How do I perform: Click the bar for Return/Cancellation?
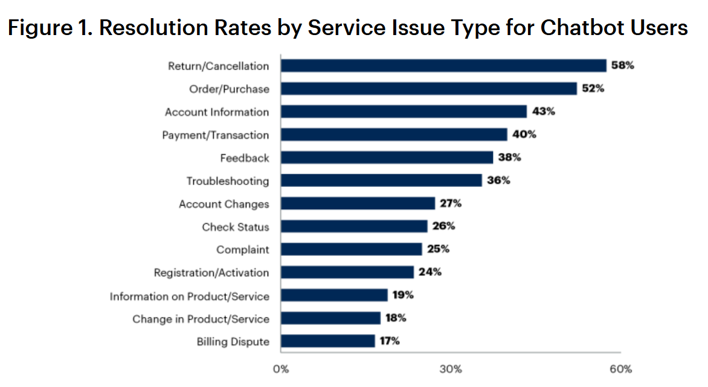[x=443, y=66]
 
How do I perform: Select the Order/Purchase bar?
[x=429, y=89]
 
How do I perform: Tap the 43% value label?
[x=543, y=111]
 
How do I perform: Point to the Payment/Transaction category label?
[x=215, y=135]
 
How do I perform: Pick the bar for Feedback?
[x=387, y=158]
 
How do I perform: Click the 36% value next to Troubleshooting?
[x=498, y=180]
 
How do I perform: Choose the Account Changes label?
[x=224, y=204]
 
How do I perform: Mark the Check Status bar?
[x=354, y=227]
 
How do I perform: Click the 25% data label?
[x=438, y=249]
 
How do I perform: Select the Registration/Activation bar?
[x=347, y=272]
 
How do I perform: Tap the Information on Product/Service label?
[x=189, y=296]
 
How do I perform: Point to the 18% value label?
[x=396, y=318]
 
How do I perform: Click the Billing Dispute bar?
[x=327, y=341]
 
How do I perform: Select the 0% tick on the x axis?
[x=280, y=369]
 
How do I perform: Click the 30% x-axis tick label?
[x=451, y=369]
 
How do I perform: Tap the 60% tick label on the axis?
[x=620, y=369]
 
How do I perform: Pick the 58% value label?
[x=622, y=65]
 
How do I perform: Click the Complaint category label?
[x=243, y=250]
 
